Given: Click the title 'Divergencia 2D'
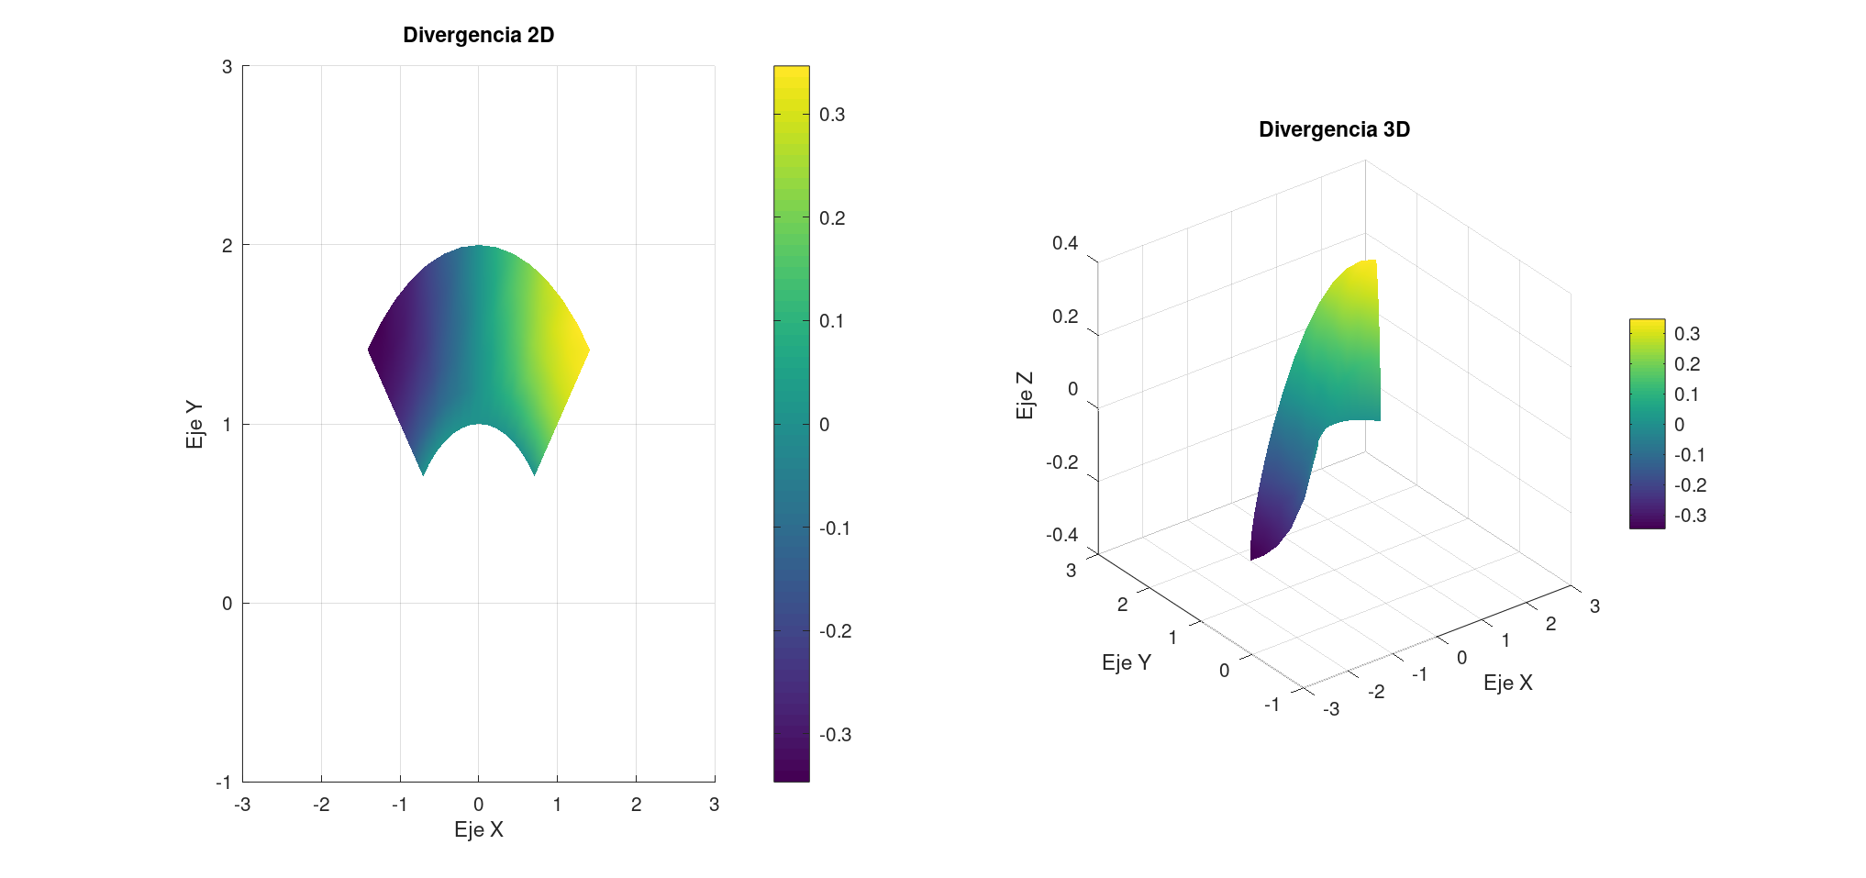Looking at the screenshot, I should point(478,35).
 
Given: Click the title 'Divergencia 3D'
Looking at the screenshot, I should point(1334,129).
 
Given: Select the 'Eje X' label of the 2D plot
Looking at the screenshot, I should point(478,829).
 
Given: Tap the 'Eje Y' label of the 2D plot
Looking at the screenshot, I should point(194,424).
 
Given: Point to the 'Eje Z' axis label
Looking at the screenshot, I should point(1025,395).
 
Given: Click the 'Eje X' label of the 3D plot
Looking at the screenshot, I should point(1507,683).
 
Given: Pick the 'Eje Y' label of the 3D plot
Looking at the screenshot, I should point(1126,662).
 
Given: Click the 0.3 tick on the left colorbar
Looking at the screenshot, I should point(831,115).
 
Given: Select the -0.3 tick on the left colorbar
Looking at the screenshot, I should point(834,735).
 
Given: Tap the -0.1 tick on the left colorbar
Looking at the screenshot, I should point(834,528).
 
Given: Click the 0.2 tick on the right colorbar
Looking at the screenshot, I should point(1686,364).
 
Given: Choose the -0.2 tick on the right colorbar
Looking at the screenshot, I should point(1690,485).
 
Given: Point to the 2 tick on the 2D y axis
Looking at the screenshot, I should point(227,246).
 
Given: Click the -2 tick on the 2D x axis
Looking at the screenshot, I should point(321,805).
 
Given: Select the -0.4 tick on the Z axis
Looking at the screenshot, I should point(1061,535).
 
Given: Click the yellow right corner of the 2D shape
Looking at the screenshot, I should point(584,350).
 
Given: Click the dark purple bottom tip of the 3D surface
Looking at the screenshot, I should point(1254,554).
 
